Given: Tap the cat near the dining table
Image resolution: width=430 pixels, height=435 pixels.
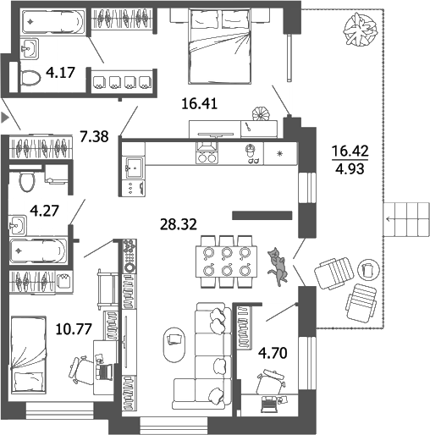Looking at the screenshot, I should [276, 263].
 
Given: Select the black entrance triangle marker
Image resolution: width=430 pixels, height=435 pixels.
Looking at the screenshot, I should [5, 117].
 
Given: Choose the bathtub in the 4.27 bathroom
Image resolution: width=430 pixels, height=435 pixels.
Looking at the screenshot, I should [37, 251].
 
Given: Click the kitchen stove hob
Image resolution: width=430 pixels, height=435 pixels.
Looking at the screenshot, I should [207, 153].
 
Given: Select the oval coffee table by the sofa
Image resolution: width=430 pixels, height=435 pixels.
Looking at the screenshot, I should [174, 339].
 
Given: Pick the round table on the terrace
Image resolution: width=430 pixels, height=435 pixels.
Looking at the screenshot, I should [368, 268].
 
